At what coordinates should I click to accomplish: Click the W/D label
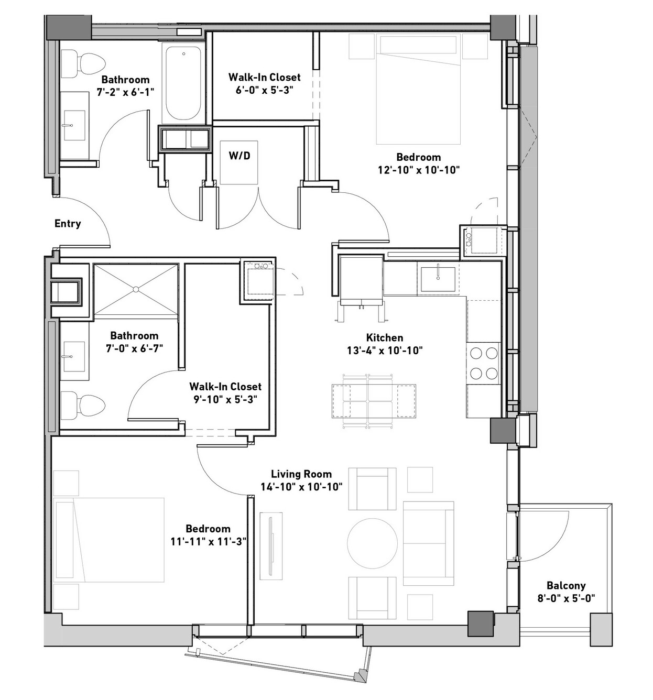240,156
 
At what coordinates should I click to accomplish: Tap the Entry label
68,223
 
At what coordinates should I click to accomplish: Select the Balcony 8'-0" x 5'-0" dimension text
566,598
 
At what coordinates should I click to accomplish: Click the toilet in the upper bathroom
83,64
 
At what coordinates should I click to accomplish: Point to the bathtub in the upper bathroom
183,83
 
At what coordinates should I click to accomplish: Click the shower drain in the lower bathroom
136,289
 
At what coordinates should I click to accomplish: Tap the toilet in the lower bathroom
83,406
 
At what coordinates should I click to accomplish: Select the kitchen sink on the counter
438,279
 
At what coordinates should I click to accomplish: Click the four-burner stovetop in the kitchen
483,363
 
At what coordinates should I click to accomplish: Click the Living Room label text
301,474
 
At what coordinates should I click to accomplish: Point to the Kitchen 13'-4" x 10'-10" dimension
385,351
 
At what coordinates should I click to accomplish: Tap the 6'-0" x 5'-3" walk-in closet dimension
265,90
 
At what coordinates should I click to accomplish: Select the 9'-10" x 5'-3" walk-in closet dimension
225,400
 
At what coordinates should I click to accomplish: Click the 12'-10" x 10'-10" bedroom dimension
419,170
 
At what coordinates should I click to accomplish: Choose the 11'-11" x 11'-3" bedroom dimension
208,542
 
